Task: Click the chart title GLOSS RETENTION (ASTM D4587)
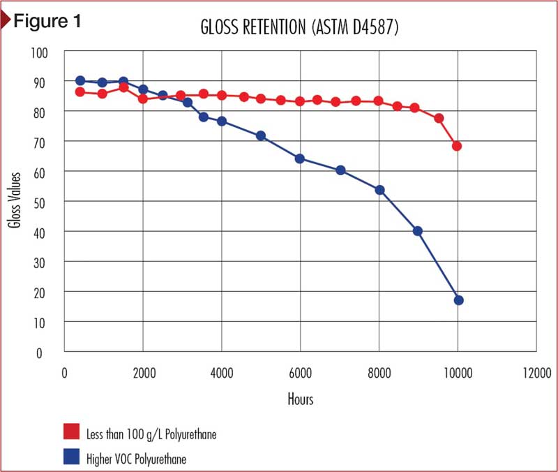click(299, 27)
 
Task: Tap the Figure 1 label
click(47, 21)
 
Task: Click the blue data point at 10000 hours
click(459, 300)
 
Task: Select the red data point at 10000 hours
click(457, 146)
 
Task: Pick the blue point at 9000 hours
click(417, 231)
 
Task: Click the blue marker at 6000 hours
click(300, 158)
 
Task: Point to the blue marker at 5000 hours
click(261, 135)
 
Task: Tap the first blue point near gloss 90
click(80, 80)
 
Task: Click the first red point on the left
click(80, 92)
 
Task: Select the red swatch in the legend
click(72, 432)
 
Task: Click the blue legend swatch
click(72, 457)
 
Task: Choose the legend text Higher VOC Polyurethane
click(136, 459)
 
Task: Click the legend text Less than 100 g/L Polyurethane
click(151, 434)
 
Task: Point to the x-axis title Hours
click(301, 399)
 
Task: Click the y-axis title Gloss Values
click(15, 200)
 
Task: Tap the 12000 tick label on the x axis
click(536, 373)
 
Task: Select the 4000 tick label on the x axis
click(222, 373)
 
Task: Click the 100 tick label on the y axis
click(39, 53)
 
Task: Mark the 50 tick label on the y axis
click(39, 203)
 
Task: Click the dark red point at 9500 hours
click(439, 118)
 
